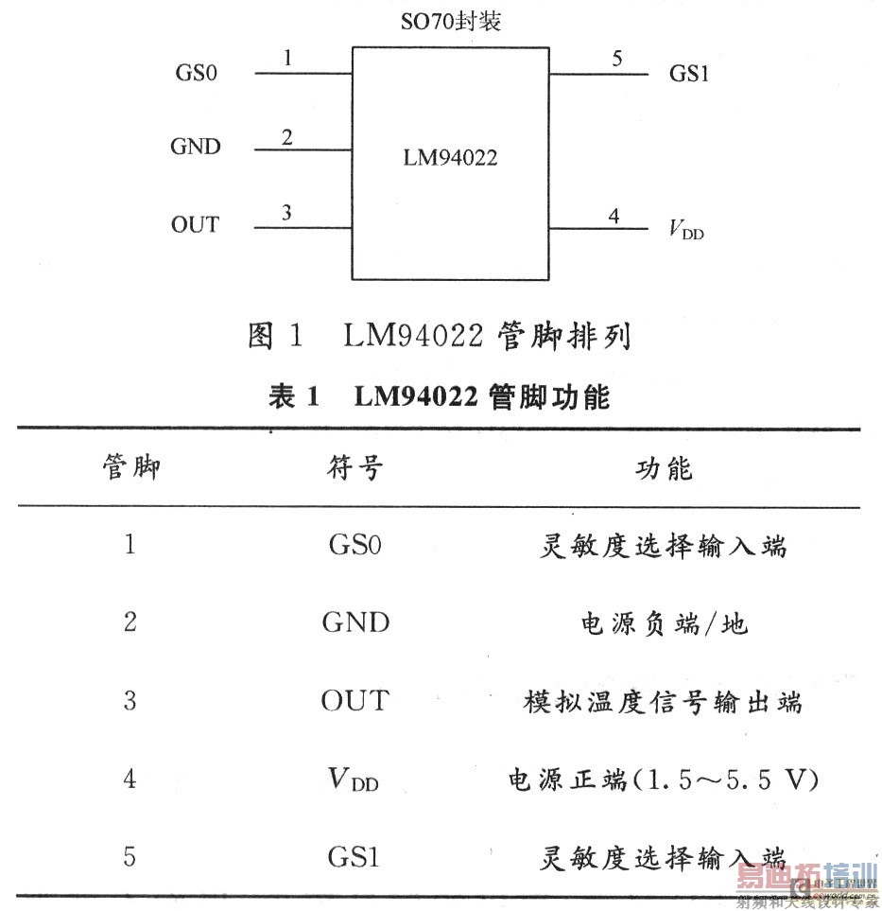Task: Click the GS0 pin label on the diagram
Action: (197, 73)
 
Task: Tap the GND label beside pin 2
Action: (195, 147)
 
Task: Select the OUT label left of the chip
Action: (195, 225)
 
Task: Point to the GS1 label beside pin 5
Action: (689, 73)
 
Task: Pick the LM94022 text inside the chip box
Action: (450, 158)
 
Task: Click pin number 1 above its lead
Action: (287, 59)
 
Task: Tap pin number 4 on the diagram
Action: (614, 216)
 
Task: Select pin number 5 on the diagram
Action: (617, 59)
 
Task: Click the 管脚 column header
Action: (130, 467)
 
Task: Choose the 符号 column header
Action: (355, 467)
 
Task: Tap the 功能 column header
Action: (664, 467)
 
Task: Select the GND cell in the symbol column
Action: (355, 622)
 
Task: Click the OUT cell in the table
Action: (355, 701)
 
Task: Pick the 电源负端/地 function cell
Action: (664, 623)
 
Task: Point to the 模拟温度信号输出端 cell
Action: (664, 702)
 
